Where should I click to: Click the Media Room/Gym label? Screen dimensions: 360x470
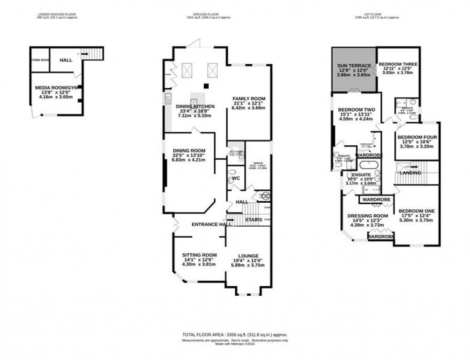click(54, 88)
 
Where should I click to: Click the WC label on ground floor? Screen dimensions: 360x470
click(235, 178)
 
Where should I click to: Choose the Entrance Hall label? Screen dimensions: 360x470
click(208, 224)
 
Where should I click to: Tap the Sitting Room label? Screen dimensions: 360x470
click(199, 255)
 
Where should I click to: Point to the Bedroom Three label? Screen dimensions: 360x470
click(398, 64)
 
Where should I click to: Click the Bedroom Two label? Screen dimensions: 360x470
click(356, 110)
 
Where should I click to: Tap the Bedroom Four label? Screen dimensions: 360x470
click(417, 138)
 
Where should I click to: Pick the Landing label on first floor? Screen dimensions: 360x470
click(411, 173)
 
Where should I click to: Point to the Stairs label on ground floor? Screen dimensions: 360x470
click(253, 220)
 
